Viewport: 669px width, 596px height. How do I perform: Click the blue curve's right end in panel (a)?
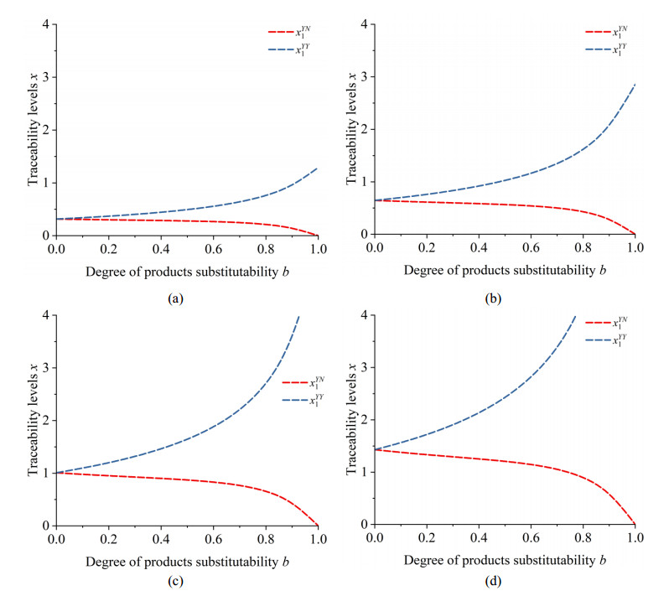point(316,168)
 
